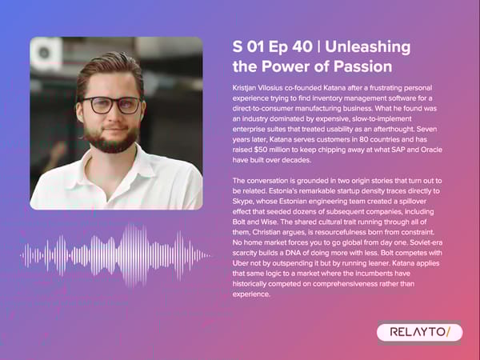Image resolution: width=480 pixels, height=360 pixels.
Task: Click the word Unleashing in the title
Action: tap(368, 47)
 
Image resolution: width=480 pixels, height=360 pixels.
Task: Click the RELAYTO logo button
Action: tap(418, 331)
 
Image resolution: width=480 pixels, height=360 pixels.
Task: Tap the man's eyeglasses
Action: tap(113, 105)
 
